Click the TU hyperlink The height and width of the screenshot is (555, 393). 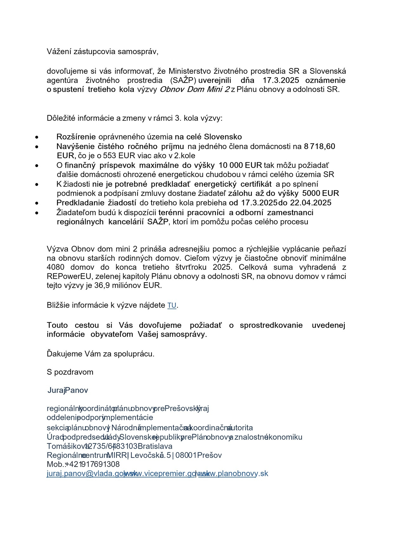pyautogui.click(x=172, y=305)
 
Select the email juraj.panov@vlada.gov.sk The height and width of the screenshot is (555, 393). pyautogui.click(x=85, y=473)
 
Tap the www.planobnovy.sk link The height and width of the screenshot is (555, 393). pyautogui.click(x=233, y=473)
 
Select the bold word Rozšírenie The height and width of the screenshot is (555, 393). pyautogui.click(x=76, y=137)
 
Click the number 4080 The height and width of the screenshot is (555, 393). pyautogui.click(x=55, y=267)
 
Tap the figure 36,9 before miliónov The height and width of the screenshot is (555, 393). pyautogui.click(x=101, y=285)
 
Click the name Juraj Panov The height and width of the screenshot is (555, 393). pyautogui.click(x=68, y=390)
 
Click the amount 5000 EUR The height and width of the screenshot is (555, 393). pyautogui.click(x=320, y=193)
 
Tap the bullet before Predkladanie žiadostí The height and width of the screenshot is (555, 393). pyautogui.click(x=37, y=203)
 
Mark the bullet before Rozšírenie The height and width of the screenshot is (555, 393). pyautogui.click(x=37, y=137)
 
